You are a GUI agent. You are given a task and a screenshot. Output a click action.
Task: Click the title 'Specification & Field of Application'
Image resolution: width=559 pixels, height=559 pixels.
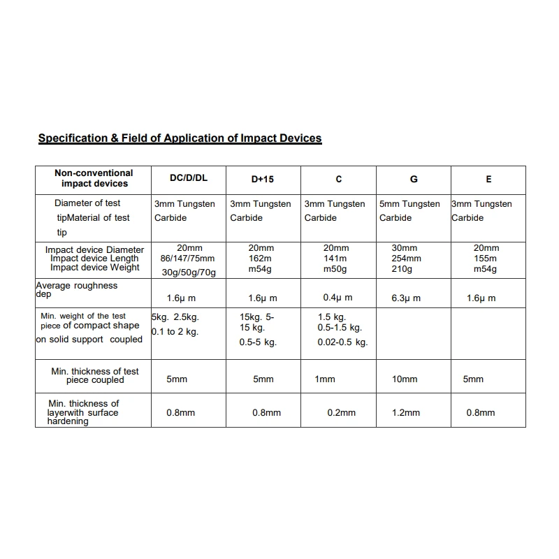point(180,138)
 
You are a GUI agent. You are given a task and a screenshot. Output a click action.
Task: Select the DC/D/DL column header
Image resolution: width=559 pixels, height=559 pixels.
point(189,178)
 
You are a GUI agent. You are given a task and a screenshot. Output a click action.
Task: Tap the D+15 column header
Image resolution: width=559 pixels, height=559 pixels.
point(263,180)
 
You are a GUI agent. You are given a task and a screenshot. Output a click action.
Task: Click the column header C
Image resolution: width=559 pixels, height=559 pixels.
point(339,180)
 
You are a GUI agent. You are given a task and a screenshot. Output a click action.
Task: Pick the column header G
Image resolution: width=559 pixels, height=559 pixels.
point(414,180)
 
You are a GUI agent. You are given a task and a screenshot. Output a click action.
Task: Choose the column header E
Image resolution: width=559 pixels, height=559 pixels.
point(488,180)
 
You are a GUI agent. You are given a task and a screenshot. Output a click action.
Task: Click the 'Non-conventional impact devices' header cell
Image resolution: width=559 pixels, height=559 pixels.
point(94,178)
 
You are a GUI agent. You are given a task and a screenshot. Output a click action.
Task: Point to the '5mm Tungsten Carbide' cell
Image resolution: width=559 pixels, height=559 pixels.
point(409,211)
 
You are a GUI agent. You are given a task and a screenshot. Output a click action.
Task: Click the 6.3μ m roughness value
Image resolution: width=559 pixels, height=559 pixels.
point(407,298)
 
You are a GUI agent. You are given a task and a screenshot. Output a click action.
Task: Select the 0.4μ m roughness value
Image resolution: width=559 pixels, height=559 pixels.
point(337,298)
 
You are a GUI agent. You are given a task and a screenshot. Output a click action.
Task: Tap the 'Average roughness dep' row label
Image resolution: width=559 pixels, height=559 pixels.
point(76,289)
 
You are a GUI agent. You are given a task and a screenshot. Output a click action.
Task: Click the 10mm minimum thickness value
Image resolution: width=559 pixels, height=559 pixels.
point(405,379)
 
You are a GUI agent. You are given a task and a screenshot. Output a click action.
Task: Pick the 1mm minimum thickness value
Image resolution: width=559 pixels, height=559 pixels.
point(325,379)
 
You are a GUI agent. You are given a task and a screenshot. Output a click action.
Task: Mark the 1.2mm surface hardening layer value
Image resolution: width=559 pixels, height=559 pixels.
point(406,413)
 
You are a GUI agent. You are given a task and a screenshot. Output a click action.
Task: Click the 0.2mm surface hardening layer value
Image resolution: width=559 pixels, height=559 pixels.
point(341,413)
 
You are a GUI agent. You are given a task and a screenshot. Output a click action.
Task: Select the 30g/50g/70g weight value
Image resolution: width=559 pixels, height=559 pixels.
point(189,273)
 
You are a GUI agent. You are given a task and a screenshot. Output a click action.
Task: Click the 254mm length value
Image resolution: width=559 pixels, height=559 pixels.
point(406,259)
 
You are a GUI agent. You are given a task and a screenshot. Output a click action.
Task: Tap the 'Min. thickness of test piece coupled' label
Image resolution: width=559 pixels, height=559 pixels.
point(95,376)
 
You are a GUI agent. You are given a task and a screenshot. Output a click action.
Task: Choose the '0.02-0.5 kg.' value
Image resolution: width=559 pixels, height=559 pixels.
point(342,342)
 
